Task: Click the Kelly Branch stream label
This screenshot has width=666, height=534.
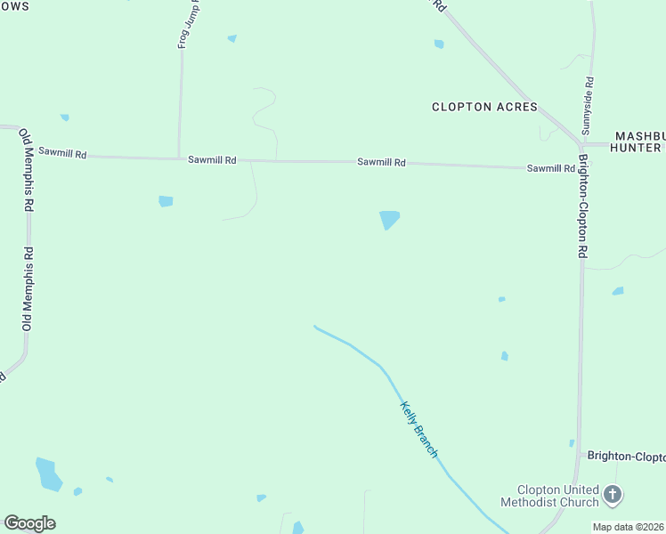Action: (418, 429)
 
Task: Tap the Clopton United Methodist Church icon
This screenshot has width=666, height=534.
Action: (612, 494)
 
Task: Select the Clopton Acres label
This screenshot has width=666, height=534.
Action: (484, 107)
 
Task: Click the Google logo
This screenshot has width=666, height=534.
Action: (29, 523)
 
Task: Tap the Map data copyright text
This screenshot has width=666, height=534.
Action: (629, 527)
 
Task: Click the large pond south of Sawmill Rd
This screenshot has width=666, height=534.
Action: (389, 219)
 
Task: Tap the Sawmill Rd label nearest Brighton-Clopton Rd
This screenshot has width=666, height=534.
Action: (550, 168)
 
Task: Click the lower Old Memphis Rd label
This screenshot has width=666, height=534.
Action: (28, 289)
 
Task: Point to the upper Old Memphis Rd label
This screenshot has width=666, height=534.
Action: (28, 169)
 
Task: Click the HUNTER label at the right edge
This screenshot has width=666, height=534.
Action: (636, 148)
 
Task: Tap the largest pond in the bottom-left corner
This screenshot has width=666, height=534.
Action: (48, 473)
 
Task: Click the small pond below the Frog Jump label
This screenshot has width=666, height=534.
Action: (232, 38)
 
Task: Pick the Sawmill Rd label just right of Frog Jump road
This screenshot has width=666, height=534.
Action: (212, 160)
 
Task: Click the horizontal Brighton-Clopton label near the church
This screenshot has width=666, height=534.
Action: (626, 456)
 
